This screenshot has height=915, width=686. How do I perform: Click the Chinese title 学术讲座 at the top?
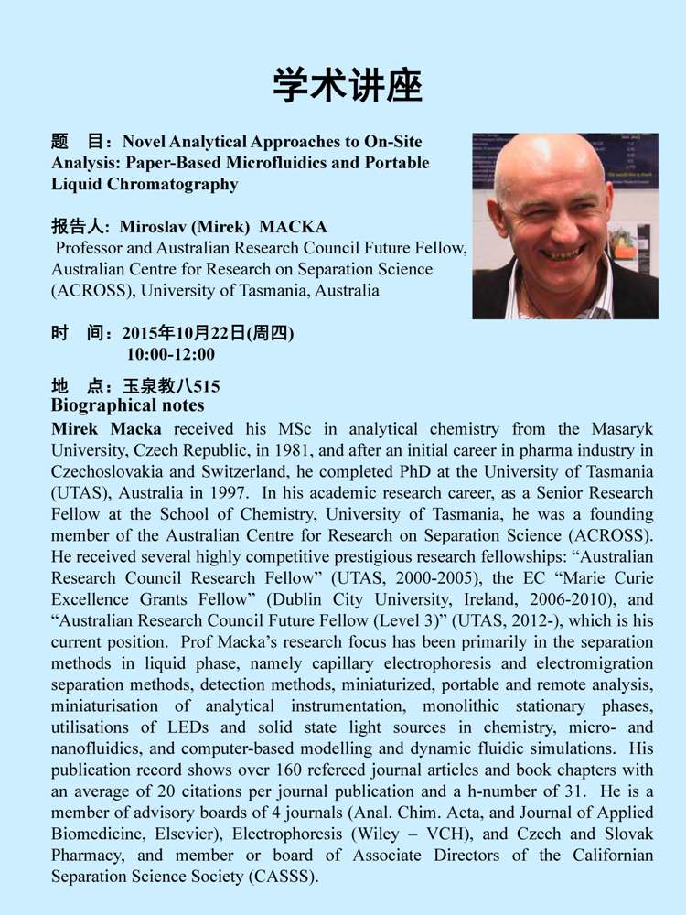(347, 86)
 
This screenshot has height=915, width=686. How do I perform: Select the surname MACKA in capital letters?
(293, 227)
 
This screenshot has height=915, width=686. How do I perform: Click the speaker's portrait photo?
(564, 225)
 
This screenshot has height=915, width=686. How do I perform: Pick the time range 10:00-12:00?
(171, 354)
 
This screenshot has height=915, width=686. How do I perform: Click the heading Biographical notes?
(128, 405)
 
